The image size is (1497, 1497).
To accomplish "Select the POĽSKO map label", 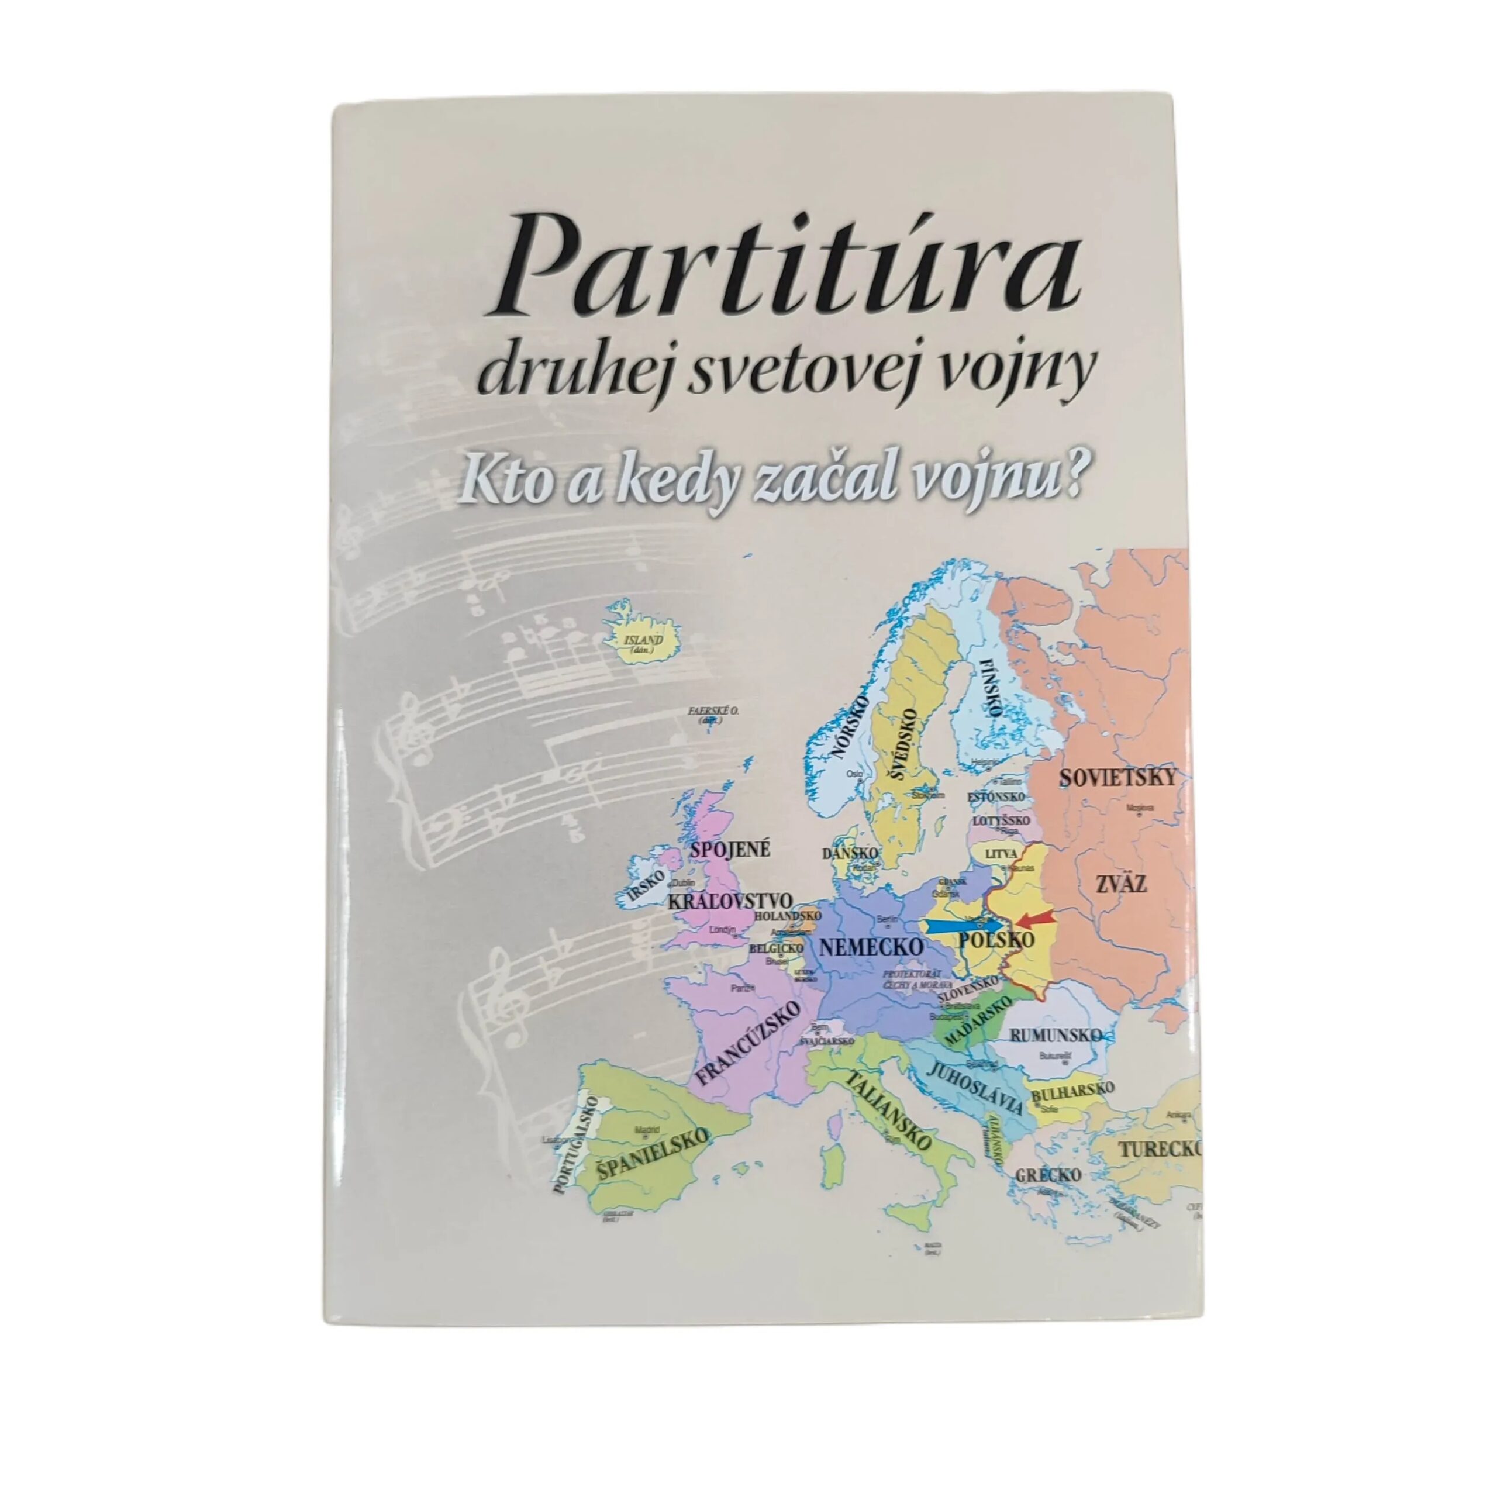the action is pyautogui.click(x=996, y=941).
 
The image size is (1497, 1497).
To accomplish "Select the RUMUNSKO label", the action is pyautogui.click(x=1056, y=1035).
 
